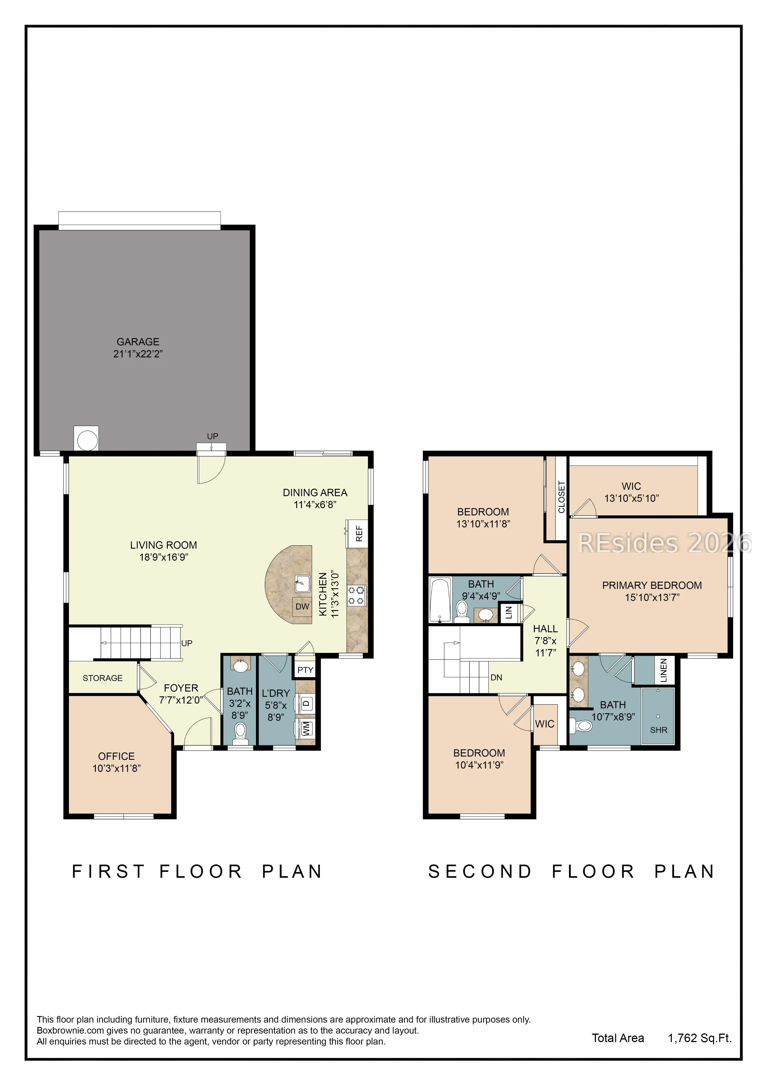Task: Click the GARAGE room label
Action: pyautogui.click(x=138, y=342)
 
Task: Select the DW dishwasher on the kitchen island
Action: pyautogui.click(x=303, y=607)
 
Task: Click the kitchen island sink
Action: pyautogui.click(x=303, y=584)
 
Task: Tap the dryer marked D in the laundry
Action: pyautogui.click(x=306, y=704)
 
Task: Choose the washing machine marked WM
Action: pyautogui.click(x=306, y=728)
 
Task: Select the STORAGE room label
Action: pyautogui.click(x=103, y=678)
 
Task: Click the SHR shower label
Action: pyautogui.click(x=659, y=730)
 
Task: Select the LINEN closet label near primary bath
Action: pyautogui.click(x=664, y=670)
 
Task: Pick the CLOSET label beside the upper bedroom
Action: pyautogui.click(x=561, y=497)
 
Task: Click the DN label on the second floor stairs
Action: pyautogui.click(x=496, y=678)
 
